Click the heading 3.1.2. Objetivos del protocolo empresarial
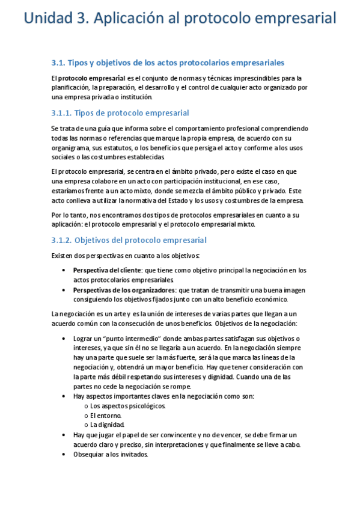[x=129, y=240]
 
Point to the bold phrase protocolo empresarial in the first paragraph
[x=93, y=78]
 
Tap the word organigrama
[x=71, y=147]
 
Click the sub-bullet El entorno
[x=106, y=415]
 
